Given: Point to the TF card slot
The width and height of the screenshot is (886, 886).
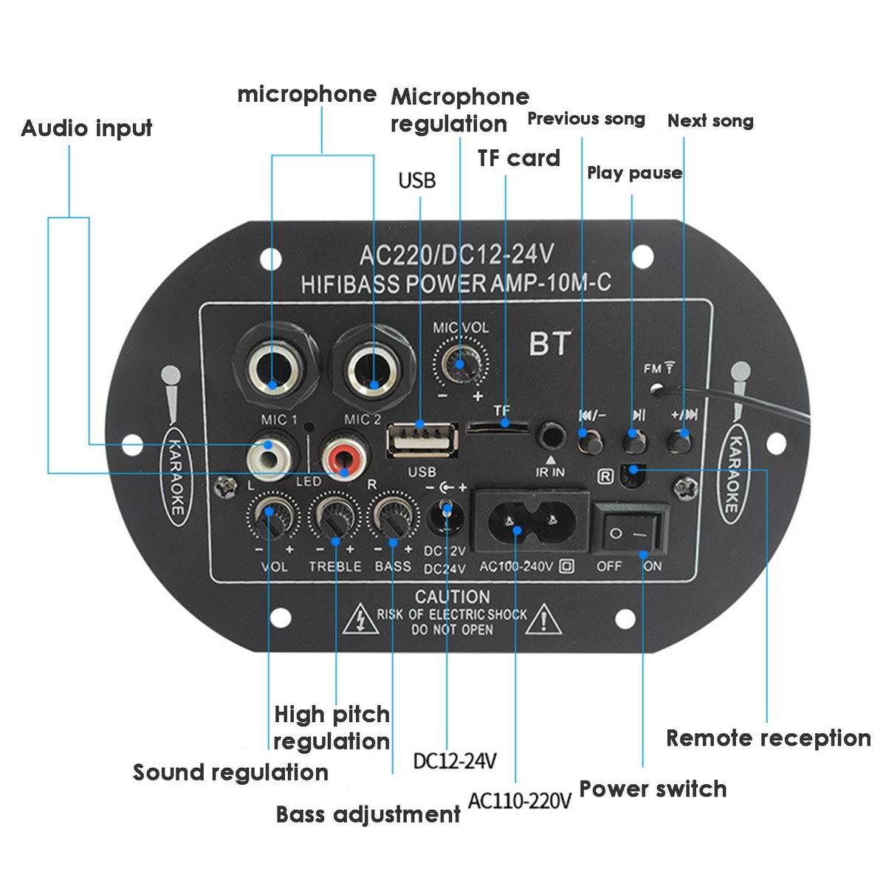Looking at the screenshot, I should [499, 426].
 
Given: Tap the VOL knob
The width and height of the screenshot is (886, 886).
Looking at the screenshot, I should [272, 515].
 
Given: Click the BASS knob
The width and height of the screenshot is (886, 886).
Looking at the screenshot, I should [394, 515].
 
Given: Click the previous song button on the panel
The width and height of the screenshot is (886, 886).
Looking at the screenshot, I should [590, 442].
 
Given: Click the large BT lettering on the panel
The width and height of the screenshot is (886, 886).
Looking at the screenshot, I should [549, 343].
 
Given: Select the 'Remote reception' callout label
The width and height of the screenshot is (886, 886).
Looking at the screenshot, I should [768, 738].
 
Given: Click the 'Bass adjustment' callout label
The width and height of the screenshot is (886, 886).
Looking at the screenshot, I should [368, 814].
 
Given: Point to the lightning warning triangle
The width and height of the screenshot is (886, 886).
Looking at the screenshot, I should [358, 619].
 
